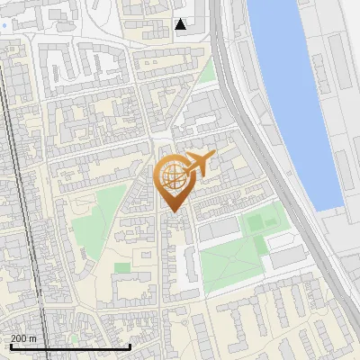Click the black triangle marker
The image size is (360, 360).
182,24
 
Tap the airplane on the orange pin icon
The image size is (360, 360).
199,164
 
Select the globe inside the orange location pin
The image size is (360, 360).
172,177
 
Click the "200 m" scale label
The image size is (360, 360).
23,338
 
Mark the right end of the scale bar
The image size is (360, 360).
131,346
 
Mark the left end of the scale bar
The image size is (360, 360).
11,346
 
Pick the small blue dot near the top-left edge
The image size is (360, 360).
5,25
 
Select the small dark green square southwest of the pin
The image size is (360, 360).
121,267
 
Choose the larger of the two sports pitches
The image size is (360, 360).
257,220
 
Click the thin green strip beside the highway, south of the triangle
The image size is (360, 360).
208,72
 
